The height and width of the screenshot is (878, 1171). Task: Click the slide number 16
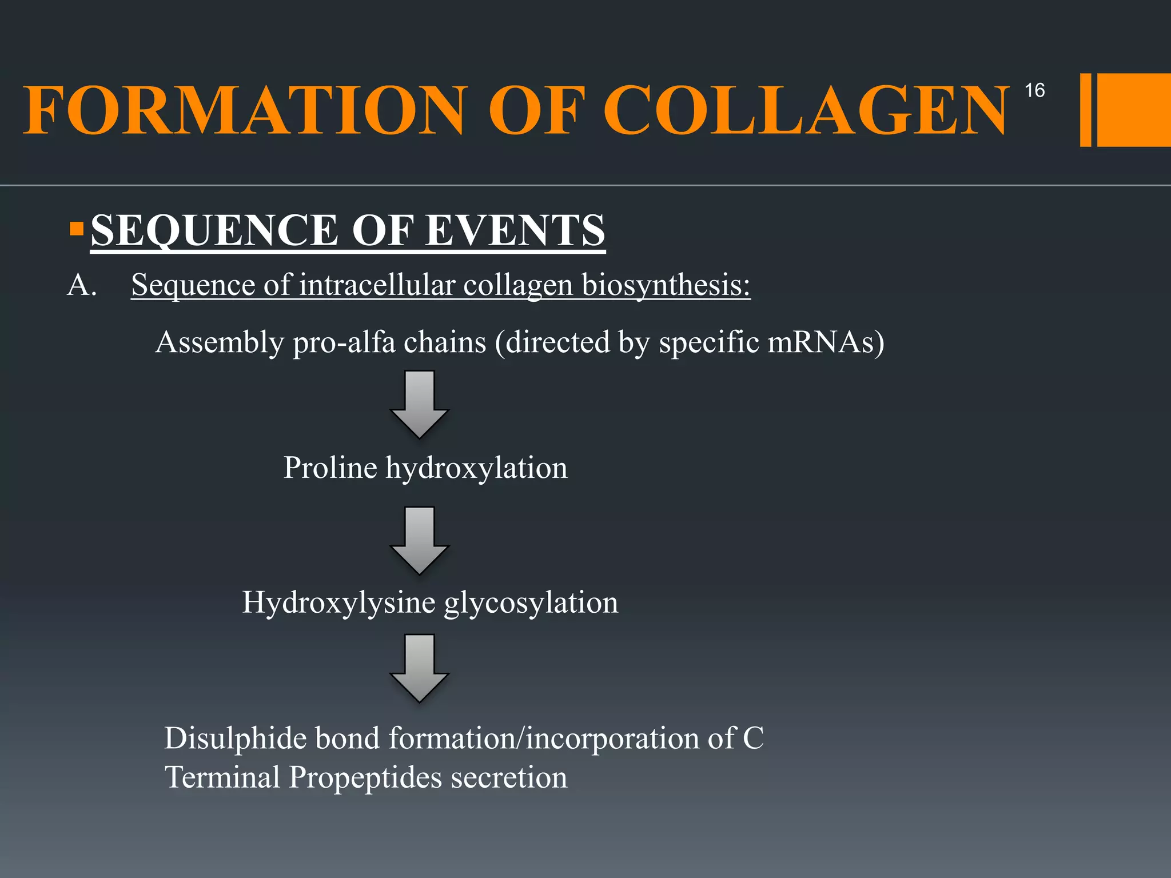pos(1034,90)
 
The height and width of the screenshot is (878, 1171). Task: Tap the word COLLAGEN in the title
pos(806,110)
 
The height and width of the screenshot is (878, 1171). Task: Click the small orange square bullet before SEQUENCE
pos(76,229)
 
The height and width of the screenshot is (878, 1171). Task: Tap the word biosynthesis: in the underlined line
pos(666,285)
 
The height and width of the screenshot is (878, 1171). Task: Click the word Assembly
pos(220,342)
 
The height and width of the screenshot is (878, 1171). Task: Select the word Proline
pos(330,468)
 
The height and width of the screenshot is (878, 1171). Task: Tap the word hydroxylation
pos(476,468)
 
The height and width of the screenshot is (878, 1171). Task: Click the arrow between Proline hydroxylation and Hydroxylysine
pos(419,540)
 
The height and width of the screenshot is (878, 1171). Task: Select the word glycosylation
pos(531,602)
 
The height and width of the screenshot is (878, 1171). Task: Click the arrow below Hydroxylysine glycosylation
pos(419,668)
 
